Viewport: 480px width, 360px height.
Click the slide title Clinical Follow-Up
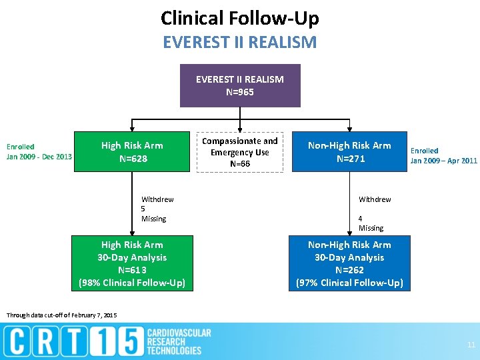[x=240, y=18]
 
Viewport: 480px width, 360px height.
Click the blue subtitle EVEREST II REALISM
[x=240, y=43]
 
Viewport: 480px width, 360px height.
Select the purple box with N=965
[x=240, y=85]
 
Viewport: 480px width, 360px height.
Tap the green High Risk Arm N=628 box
[x=133, y=152]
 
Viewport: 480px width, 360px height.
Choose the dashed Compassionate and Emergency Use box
[x=240, y=152]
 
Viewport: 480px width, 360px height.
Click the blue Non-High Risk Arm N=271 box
[x=349, y=152]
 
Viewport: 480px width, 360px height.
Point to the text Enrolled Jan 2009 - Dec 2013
[x=39, y=151]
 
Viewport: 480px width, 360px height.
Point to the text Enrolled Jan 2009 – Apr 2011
[x=443, y=155]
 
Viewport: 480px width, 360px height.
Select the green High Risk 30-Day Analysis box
[x=132, y=263]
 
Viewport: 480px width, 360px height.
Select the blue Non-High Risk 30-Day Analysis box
[x=349, y=263]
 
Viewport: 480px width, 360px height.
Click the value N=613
[x=132, y=270]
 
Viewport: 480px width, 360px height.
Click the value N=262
[x=349, y=270]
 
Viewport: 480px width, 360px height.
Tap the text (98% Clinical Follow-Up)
[x=132, y=283]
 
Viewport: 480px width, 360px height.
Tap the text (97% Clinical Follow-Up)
[x=349, y=283]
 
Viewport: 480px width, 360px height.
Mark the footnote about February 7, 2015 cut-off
[x=61, y=315]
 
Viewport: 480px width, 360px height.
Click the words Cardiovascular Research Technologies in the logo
[x=178, y=341]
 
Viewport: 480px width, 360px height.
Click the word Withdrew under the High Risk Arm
[x=157, y=199]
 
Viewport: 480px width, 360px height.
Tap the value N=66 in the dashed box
[x=240, y=163]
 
